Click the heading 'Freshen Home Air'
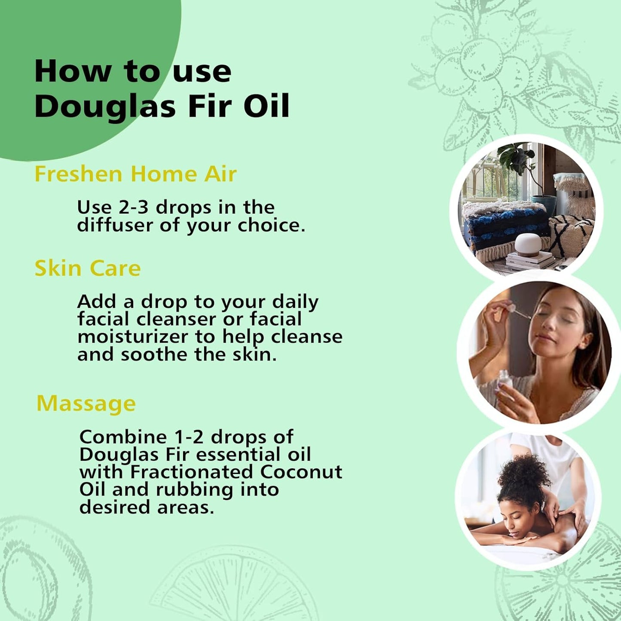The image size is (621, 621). [135, 174]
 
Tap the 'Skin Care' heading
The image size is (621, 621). [88, 269]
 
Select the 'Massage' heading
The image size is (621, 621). [86, 404]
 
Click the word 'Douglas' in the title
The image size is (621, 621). [105, 107]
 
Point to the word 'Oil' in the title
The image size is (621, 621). [266, 106]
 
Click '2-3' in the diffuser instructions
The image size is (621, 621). [133, 208]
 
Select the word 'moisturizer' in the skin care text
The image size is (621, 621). [134, 337]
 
